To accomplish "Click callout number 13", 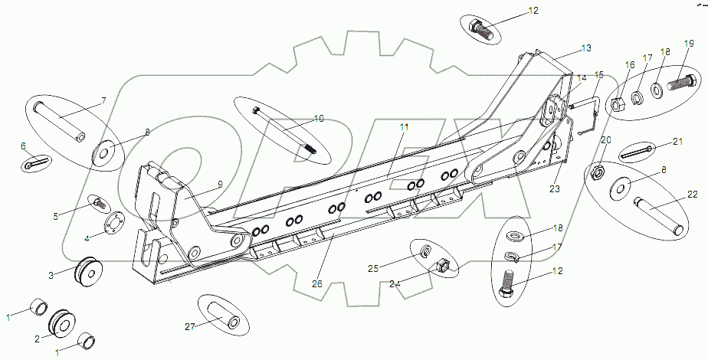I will click(x=586, y=48).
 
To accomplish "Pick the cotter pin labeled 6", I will click(x=36, y=162).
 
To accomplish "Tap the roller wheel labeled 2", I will click(x=61, y=322).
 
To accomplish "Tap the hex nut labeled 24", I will click(x=442, y=267).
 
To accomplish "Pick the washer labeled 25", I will click(x=426, y=250).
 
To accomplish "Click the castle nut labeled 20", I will click(x=599, y=173).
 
